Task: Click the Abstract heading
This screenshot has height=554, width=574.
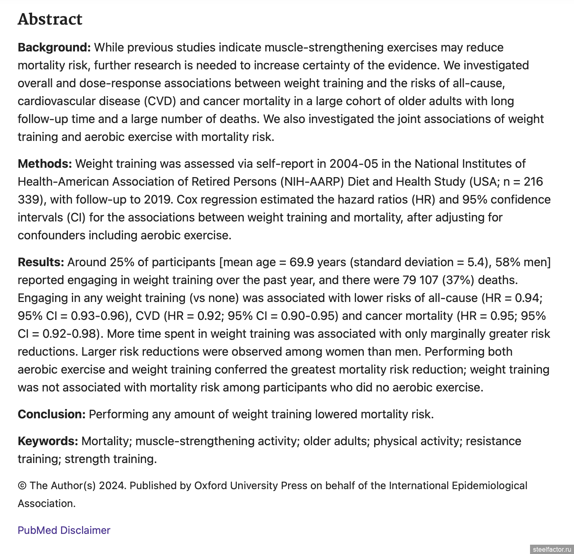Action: coord(50,19)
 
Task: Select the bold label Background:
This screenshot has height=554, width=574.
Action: coord(54,48)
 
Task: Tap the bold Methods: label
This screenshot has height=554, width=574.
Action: coord(45,164)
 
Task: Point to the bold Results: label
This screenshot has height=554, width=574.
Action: coord(41,262)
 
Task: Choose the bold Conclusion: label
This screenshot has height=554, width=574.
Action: coord(51,415)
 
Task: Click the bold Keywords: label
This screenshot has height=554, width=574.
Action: coord(48,441)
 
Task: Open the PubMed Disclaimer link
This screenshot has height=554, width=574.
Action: coord(64,531)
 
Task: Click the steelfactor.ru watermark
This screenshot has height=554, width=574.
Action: coord(551,550)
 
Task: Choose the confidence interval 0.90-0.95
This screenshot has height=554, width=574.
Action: coord(309,316)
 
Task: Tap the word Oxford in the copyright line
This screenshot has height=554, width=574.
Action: coord(211,486)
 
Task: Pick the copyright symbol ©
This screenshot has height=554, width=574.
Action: coord(22,486)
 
